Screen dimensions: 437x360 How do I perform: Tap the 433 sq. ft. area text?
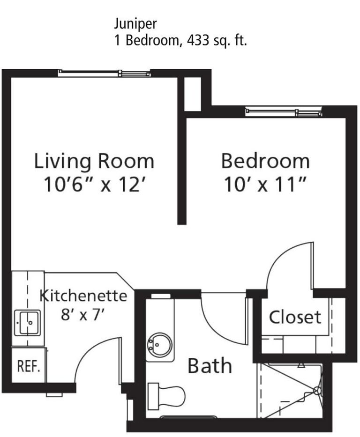pyautogui.click(x=217, y=41)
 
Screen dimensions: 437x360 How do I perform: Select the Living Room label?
pyautogui.click(x=94, y=161)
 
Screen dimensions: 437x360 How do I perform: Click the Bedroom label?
pyautogui.click(x=265, y=161)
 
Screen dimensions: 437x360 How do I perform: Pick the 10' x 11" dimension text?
pyautogui.click(x=265, y=185)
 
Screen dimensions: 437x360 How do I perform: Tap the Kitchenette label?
pyautogui.click(x=83, y=296)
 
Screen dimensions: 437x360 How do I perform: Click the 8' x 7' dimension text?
pyautogui.click(x=82, y=314)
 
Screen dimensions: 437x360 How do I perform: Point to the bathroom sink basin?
pyautogui.click(x=160, y=346)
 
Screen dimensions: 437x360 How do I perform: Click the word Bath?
pyautogui.click(x=210, y=366)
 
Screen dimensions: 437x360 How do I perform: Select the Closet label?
pyautogui.click(x=295, y=318)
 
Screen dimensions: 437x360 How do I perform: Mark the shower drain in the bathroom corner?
pyautogui.click(x=317, y=390)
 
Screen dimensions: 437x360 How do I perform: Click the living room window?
pyautogui.click(x=105, y=73)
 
